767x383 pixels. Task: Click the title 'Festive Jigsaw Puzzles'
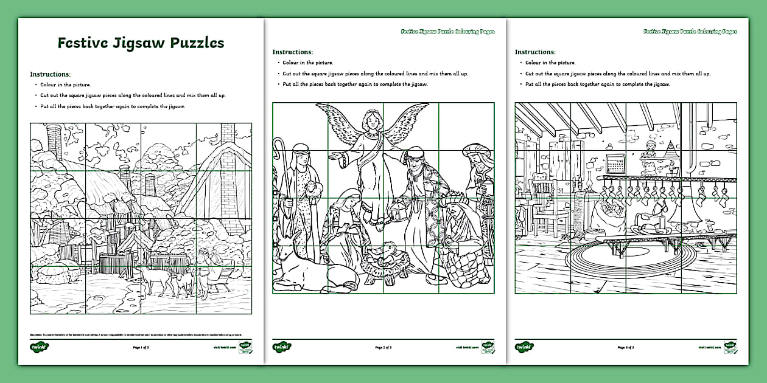click(x=141, y=43)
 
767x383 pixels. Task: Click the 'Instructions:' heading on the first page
click(x=51, y=74)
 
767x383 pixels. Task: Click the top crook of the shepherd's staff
click(x=280, y=144)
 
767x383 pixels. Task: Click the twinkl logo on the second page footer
click(x=281, y=347)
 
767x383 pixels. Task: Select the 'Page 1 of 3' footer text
click(x=141, y=347)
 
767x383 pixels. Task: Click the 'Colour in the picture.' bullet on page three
click(x=550, y=63)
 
